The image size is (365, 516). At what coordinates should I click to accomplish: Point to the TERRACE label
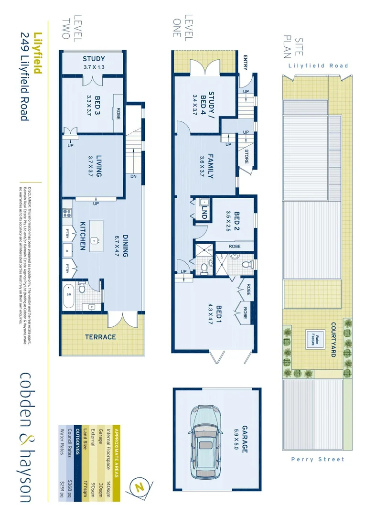point(100,336)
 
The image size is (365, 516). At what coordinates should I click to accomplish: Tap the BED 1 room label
point(219,314)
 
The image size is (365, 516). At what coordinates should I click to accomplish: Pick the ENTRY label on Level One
point(245,62)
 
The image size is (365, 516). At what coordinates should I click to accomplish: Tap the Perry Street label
point(318,459)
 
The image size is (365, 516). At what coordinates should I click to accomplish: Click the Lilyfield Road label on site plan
point(318,65)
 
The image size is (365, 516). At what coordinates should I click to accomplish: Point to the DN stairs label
point(132,176)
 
